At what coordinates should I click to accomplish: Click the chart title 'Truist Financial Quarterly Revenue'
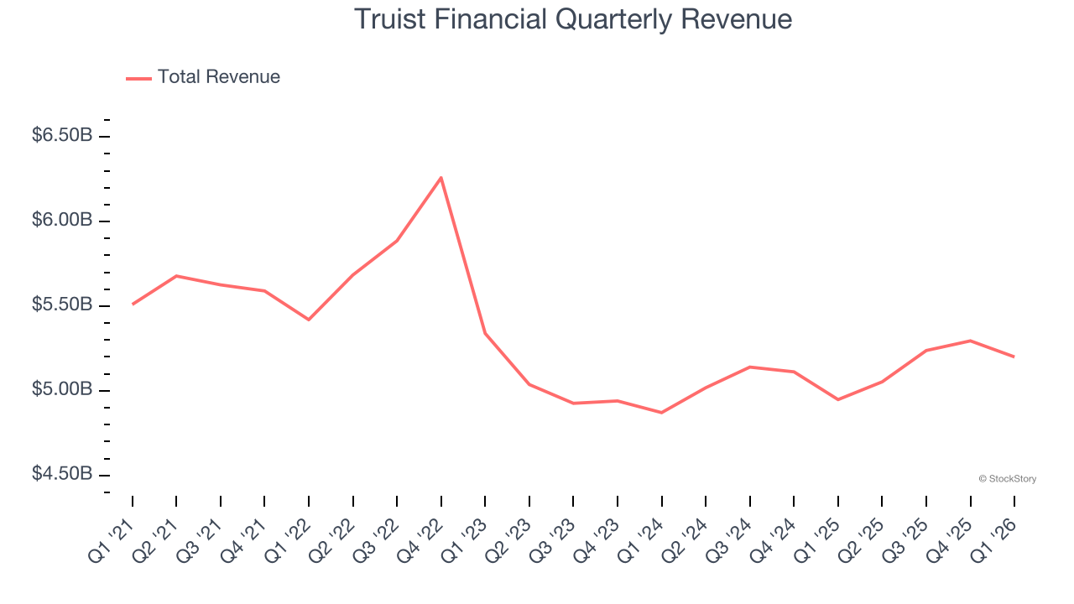(573, 18)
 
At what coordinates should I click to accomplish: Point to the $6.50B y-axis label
(61, 136)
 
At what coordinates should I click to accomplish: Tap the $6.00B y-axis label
(61, 221)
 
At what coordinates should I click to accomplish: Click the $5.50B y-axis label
(61, 305)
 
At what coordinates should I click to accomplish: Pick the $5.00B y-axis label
(61, 390)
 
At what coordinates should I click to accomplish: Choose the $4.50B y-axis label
(61, 475)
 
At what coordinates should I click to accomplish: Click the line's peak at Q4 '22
(441, 177)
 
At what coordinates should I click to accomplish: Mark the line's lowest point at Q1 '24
(662, 413)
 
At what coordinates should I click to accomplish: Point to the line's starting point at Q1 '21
(133, 304)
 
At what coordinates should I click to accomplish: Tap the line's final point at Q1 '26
(1014, 357)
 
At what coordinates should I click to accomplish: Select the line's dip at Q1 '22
(309, 320)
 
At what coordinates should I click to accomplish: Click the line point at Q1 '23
(485, 333)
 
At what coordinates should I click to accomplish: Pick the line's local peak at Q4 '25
(971, 341)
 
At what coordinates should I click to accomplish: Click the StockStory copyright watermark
(1007, 479)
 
